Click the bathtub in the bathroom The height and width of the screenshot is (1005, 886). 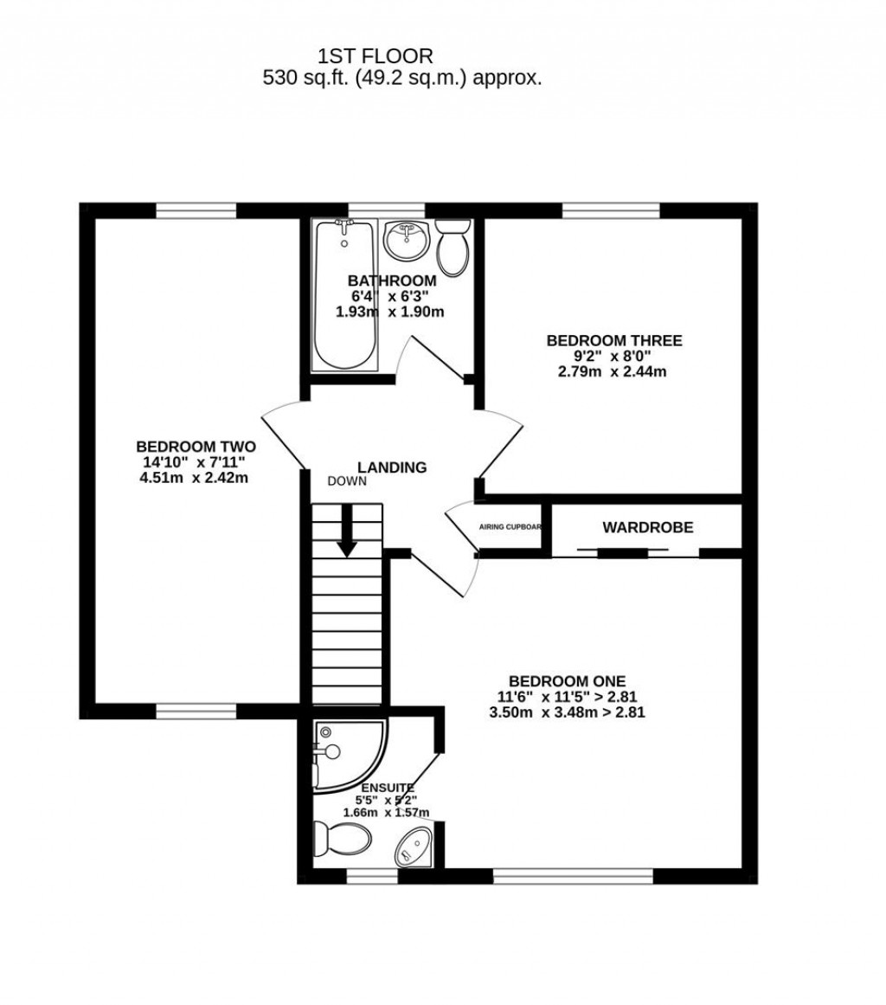(x=345, y=294)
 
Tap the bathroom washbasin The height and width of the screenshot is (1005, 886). (x=406, y=240)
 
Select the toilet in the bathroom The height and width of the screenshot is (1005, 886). (x=452, y=247)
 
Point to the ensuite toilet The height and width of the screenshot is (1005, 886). (x=341, y=837)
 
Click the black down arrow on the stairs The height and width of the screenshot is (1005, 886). (x=347, y=530)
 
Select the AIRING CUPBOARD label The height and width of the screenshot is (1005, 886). (x=510, y=526)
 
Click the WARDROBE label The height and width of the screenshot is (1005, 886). (x=648, y=527)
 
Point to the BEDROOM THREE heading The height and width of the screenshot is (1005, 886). (x=613, y=340)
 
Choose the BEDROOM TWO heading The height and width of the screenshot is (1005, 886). (x=196, y=446)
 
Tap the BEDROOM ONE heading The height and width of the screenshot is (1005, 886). (x=567, y=680)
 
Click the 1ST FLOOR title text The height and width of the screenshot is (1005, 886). (x=375, y=57)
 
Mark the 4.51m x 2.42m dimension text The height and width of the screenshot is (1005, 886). (x=194, y=477)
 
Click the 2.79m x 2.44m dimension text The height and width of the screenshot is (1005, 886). (x=613, y=371)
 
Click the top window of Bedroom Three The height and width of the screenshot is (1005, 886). (x=610, y=210)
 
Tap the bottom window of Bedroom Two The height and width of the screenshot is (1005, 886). (x=196, y=712)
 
